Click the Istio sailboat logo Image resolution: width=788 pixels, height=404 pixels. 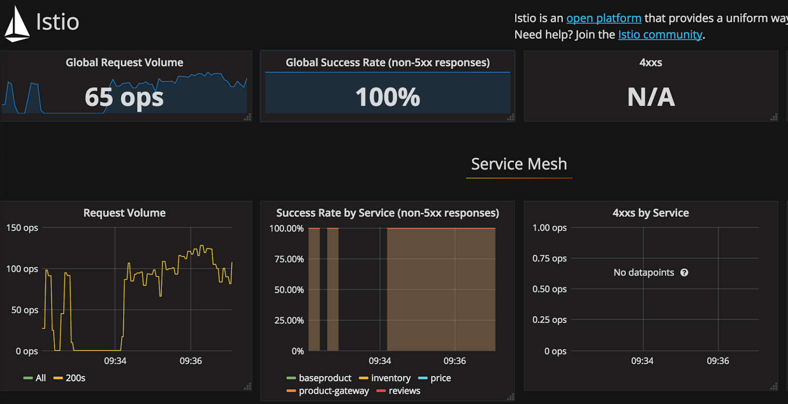pos(17,24)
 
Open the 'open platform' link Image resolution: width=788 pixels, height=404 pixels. pos(603,18)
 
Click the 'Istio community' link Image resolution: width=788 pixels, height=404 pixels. pos(660,34)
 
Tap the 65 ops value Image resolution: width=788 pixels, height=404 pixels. pos(124,97)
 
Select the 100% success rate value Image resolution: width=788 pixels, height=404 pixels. pos(388,97)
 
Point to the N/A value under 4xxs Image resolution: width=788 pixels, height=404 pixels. pos(651,97)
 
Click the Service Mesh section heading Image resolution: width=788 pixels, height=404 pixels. pos(519,164)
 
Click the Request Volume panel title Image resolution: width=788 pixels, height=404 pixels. pos(124,213)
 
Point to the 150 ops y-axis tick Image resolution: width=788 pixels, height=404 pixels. pos(22,228)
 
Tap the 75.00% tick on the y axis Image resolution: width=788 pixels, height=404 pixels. pos(289,259)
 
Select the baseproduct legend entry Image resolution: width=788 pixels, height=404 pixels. pos(325,378)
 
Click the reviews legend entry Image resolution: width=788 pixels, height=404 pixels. pos(404,391)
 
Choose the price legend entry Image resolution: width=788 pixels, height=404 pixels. pos(440,378)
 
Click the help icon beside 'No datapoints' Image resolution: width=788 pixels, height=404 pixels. pos(684,272)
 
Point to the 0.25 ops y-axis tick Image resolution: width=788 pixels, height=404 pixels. pos(549,320)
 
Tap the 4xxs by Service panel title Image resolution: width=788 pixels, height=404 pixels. pos(651,213)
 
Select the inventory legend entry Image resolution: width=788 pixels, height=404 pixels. pos(391,378)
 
